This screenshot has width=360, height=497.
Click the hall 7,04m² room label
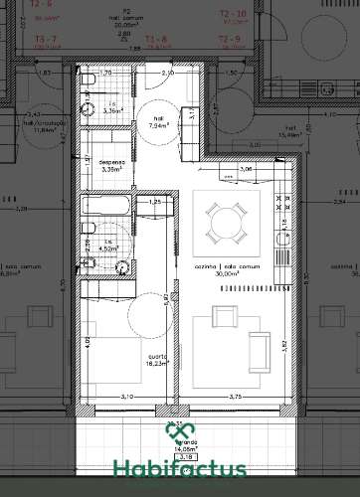pyautogui.click(x=160, y=123)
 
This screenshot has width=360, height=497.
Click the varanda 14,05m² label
pyautogui.click(x=182, y=447)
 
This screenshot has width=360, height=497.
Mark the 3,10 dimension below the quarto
pyautogui.click(x=126, y=398)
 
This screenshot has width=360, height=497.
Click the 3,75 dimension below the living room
pyautogui.click(x=235, y=398)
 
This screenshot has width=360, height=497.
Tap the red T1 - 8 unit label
pyautogui.click(x=155, y=39)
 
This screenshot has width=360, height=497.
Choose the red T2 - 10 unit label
pyautogui.click(x=232, y=13)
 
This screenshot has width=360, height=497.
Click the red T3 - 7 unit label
pyautogui.click(x=47, y=39)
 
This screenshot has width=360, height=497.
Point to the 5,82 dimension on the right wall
pyautogui.click(x=284, y=344)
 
